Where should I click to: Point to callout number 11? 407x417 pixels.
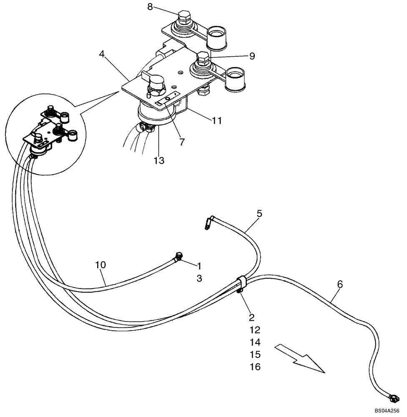(x=216, y=121)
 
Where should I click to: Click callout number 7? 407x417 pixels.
(x=182, y=142)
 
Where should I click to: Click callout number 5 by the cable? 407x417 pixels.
(x=259, y=214)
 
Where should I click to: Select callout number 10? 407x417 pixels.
(x=100, y=264)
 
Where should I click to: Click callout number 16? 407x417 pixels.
(x=255, y=367)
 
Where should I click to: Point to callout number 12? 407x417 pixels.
(x=255, y=330)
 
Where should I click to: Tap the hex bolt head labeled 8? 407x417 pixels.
(x=184, y=18)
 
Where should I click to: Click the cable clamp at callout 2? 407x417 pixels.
(x=242, y=284)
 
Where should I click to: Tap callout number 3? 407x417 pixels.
(x=199, y=279)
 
